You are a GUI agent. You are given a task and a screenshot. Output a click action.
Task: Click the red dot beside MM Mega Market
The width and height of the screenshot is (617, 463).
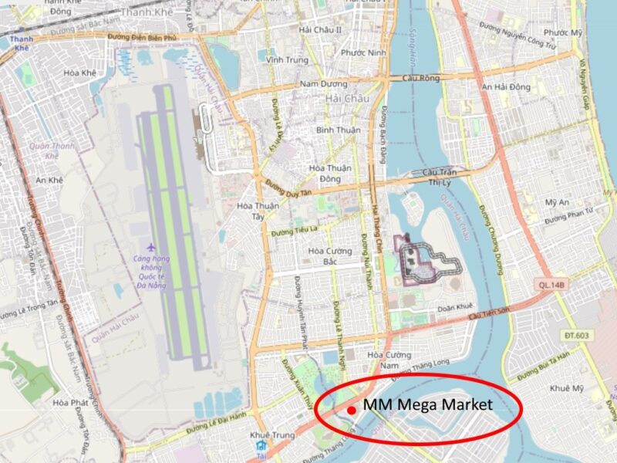351,410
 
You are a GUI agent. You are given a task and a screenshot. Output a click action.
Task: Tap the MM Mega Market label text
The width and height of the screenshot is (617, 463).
427,404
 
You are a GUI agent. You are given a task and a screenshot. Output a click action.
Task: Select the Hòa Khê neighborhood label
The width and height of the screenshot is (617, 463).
79,73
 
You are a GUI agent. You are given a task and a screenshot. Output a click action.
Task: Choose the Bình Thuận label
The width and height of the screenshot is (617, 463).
338,130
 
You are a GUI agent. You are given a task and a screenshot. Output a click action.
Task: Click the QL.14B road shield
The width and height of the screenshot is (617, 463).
552,285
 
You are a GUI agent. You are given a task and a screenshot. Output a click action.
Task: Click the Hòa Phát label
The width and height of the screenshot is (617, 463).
69,403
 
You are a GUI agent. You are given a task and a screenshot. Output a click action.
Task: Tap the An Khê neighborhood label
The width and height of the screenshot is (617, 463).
49,180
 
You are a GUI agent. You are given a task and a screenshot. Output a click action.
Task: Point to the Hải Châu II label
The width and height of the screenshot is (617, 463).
320,29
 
